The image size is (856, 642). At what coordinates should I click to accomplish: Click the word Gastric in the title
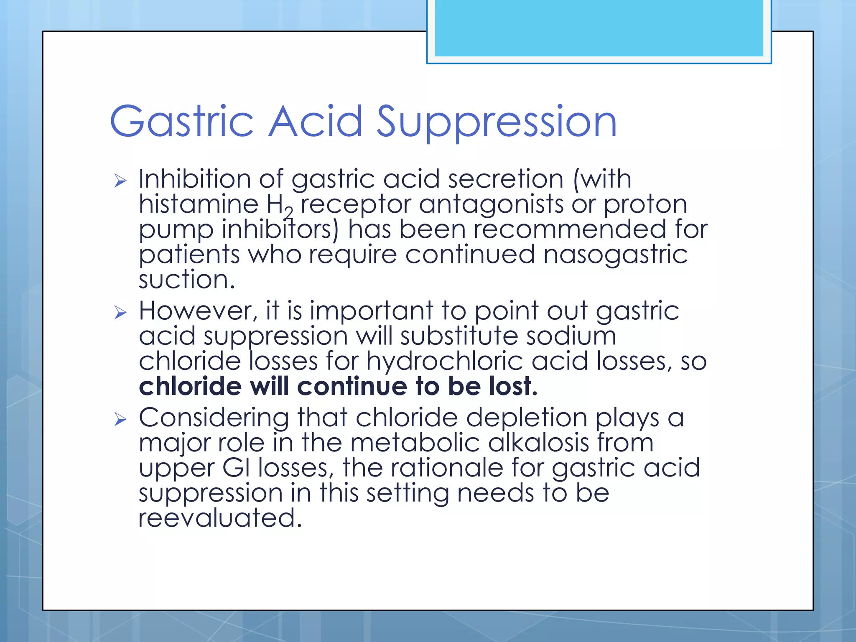(181, 122)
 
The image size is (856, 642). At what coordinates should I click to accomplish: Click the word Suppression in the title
(497, 122)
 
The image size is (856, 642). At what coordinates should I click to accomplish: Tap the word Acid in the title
(316, 122)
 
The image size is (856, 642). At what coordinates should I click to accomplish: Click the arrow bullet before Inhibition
(120, 181)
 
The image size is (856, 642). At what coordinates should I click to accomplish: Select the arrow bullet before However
(120, 313)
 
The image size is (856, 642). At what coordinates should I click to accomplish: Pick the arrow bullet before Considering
(120, 419)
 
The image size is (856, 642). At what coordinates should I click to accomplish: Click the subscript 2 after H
(289, 213)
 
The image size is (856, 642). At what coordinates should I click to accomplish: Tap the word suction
(186, 280)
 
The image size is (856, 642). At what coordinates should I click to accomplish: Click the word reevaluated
(219, 518)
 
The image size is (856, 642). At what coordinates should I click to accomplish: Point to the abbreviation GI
(236, 468)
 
